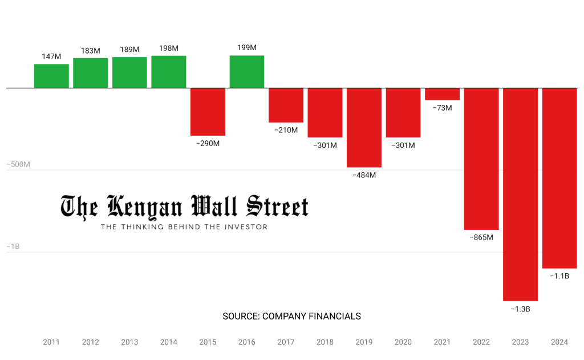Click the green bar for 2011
pos(51,76)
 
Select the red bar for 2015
pos(208,111)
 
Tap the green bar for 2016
pos(247,71)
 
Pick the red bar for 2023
pos(520,194)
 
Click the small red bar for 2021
pos(442,94)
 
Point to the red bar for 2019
pos(364,127)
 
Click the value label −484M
pos(364,175)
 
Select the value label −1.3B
pos(520,309)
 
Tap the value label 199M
pos(246,47)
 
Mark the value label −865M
pos(481,237)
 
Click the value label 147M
pos(51,56)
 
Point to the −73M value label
pos(442,108)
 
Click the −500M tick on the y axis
pos(18,164)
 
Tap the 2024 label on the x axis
pos(559,342)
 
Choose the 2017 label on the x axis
pos(286,342)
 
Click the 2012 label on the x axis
pos(90,342)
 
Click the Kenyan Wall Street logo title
pos(184,207)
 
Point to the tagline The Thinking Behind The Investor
pos(184,227)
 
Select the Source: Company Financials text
pos(291,316)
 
